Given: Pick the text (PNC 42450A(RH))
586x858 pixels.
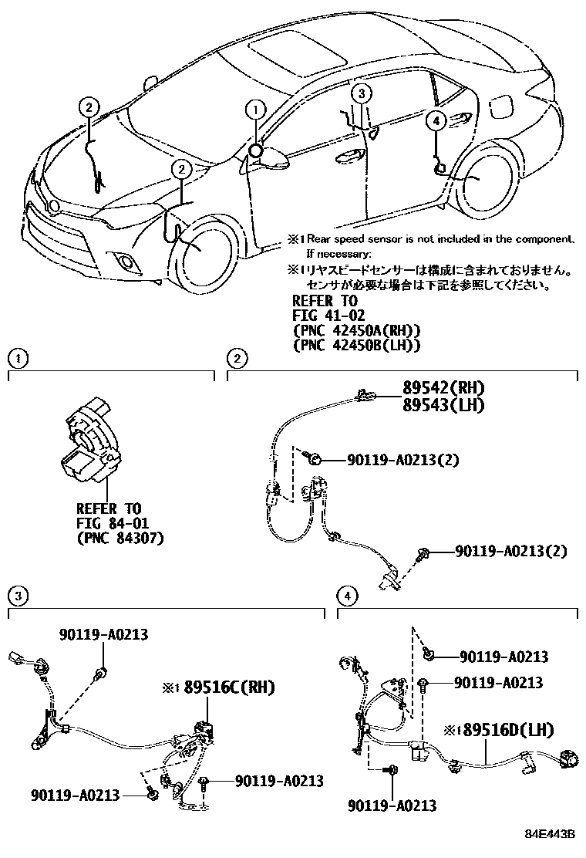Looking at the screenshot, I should (x=355, y=331).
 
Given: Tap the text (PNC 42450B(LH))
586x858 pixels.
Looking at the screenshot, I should (x=355, y=346).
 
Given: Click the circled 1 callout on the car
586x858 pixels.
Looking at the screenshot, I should (x=255, y=110).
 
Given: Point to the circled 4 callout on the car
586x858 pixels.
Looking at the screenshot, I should (x=435, y=120).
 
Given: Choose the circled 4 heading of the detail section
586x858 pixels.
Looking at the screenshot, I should (x=349, y=595).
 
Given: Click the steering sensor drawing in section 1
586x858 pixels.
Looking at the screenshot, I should (x=90, y=444).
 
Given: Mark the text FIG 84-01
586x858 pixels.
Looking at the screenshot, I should (x=107, y=523).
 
